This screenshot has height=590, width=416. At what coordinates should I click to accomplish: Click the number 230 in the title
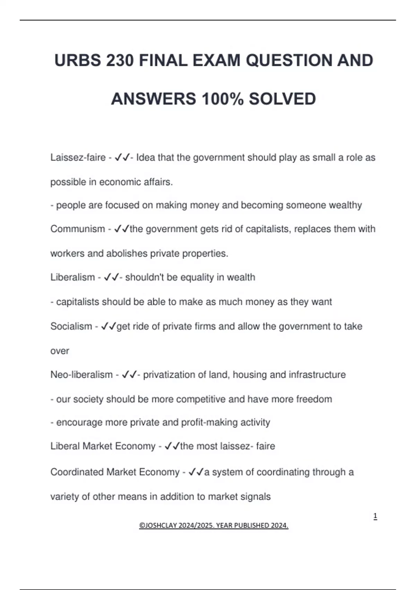(120, 61)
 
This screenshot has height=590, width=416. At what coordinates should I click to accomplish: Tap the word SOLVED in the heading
(282, 99)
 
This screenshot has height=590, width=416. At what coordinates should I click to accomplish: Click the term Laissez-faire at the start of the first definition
(78, 158)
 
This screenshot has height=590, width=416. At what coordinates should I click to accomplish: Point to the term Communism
(78, 229)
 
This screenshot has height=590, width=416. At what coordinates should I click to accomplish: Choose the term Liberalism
(72, 277)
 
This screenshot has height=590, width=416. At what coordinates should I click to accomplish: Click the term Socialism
(71, 326)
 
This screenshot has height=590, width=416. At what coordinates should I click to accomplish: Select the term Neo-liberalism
(81, 375)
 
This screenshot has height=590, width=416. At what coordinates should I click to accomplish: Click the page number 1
(375, 516)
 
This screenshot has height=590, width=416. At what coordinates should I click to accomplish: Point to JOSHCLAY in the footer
(158, 525)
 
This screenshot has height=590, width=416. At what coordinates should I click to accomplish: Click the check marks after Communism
(121, 229)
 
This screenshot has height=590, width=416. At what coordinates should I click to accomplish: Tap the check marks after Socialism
(108, 326)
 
